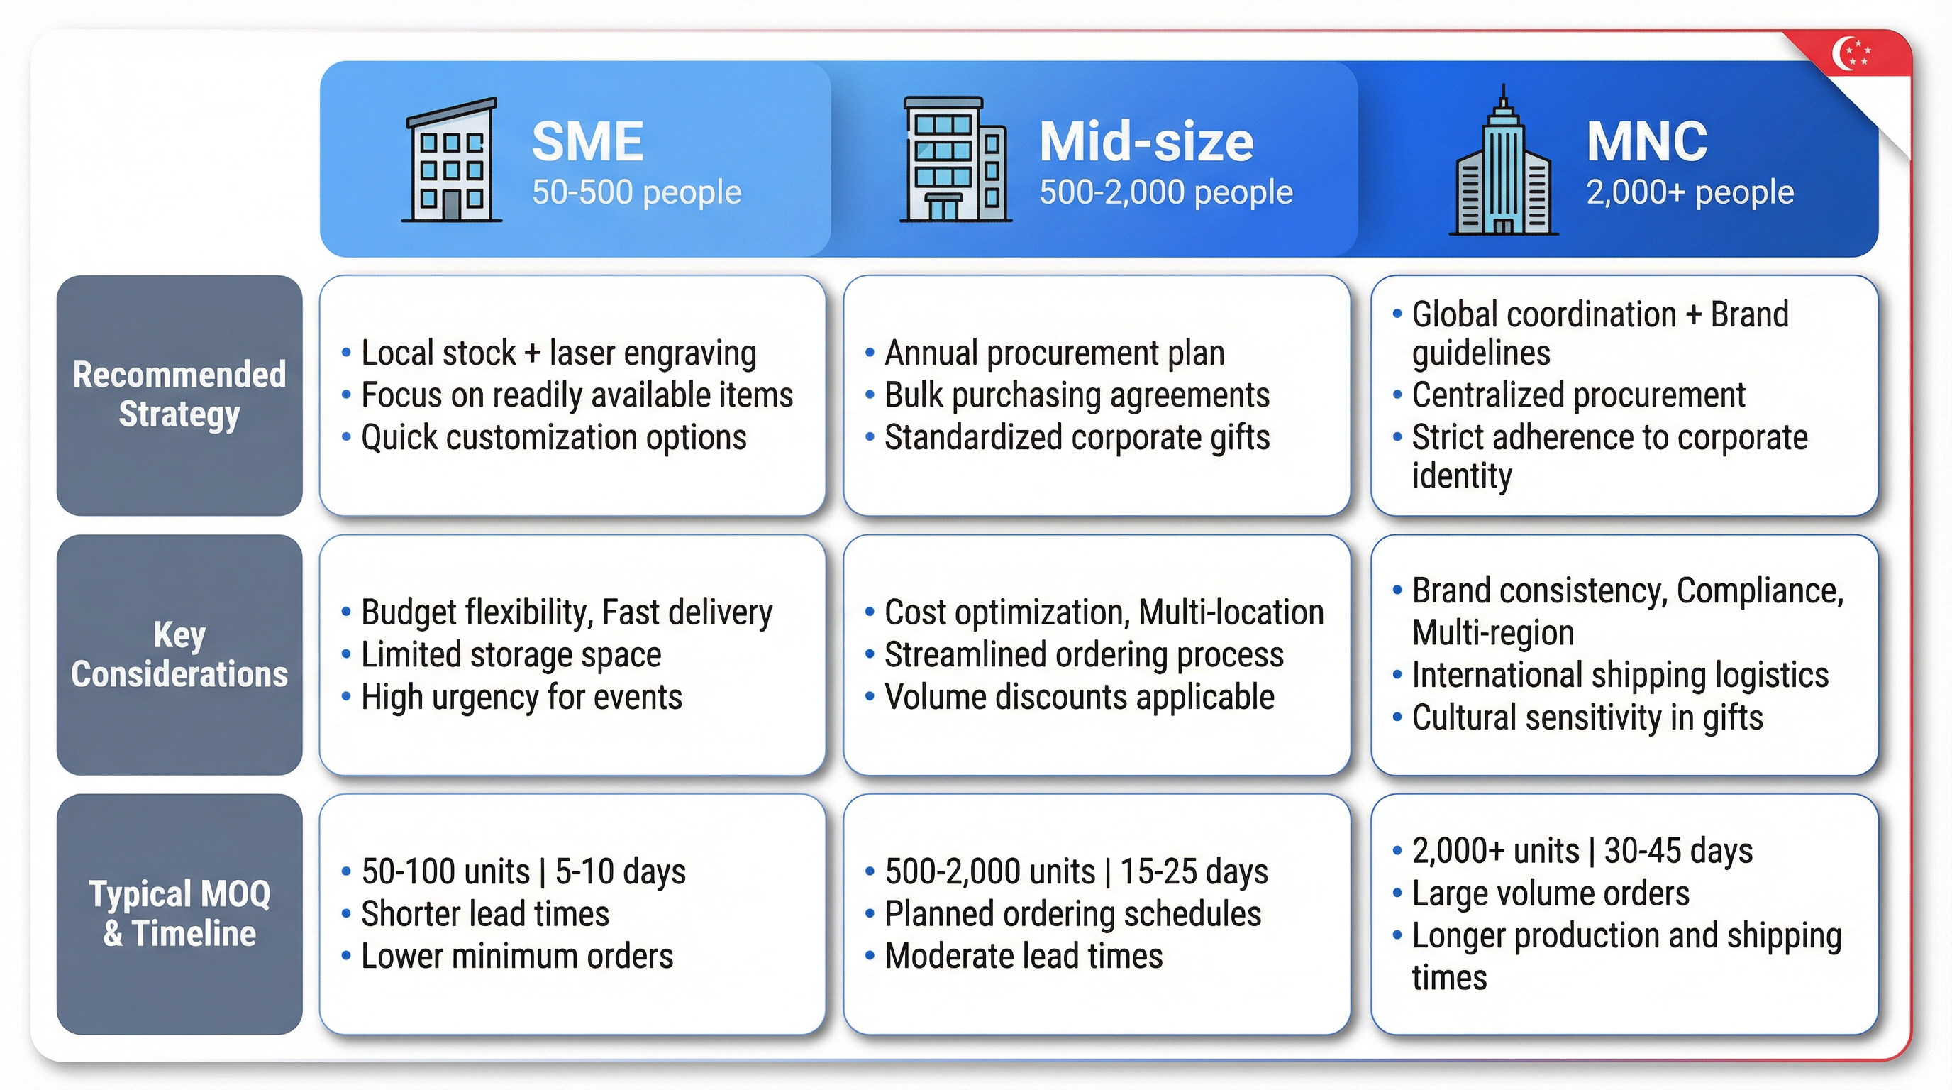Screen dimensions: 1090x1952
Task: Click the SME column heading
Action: (587, 142)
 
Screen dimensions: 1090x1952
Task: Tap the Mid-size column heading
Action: (1146, 142)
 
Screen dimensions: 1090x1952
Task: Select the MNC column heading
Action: (1646, 142)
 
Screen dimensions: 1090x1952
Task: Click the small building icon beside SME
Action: (452, 160)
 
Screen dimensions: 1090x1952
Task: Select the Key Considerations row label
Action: (179, 654)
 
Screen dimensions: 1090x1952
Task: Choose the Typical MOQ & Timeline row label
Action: (179, 913)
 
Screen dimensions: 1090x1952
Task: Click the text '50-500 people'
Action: (636, 192)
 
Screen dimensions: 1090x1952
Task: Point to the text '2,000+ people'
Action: (1690, 192)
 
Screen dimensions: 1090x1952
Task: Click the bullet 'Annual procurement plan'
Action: (1054, 353)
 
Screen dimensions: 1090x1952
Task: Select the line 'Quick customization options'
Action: (553, 438)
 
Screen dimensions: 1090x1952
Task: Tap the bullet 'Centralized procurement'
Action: (1577, 396)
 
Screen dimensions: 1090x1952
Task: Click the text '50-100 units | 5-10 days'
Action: (523, 871)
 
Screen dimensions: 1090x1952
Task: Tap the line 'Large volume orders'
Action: (1551, 893)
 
